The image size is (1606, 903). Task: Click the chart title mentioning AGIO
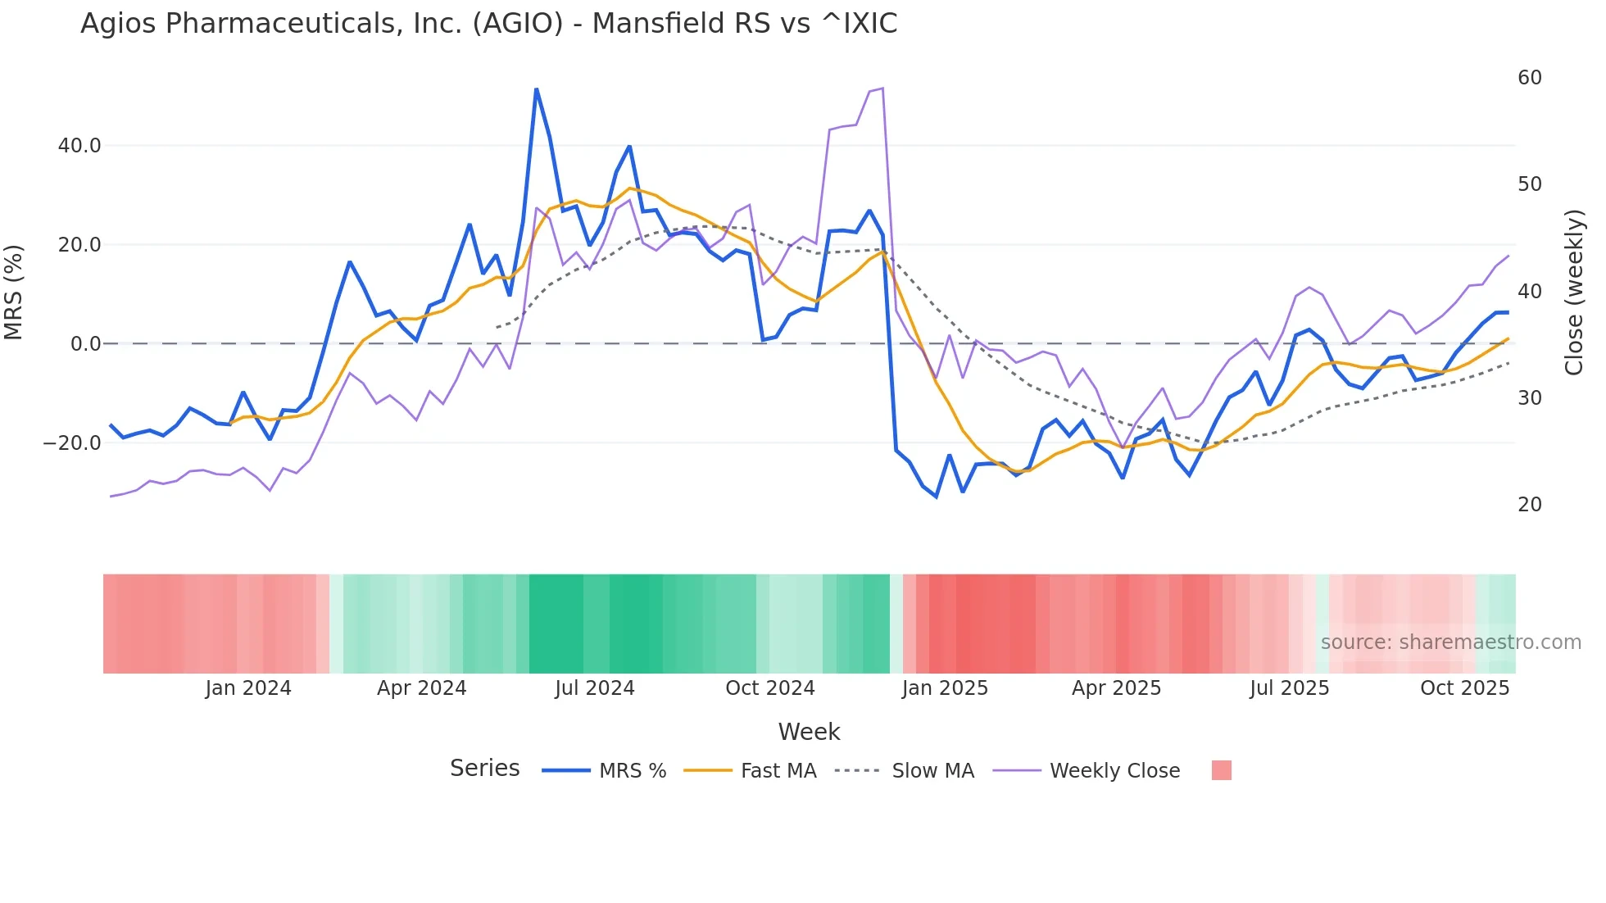(488, 24)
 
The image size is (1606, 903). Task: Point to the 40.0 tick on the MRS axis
(79, 146)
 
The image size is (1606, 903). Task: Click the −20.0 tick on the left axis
(72, 443)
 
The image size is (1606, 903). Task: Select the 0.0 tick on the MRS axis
(85, 344)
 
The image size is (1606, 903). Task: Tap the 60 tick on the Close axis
(1530, 78)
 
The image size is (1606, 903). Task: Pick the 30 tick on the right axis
(1530, 398)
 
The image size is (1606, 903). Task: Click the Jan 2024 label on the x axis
(248, 688)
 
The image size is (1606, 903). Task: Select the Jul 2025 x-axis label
(1289, 688)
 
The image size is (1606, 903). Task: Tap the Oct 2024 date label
(770, 688)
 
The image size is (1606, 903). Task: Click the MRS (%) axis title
(14, 292)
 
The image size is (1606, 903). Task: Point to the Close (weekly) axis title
(1574, 293)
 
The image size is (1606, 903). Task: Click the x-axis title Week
(809, 732)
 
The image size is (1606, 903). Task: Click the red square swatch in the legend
(1221, 770)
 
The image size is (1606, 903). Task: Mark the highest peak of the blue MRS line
(536, 89)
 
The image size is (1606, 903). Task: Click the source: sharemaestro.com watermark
(1450, 642)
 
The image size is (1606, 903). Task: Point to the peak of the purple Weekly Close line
(882, 88)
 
